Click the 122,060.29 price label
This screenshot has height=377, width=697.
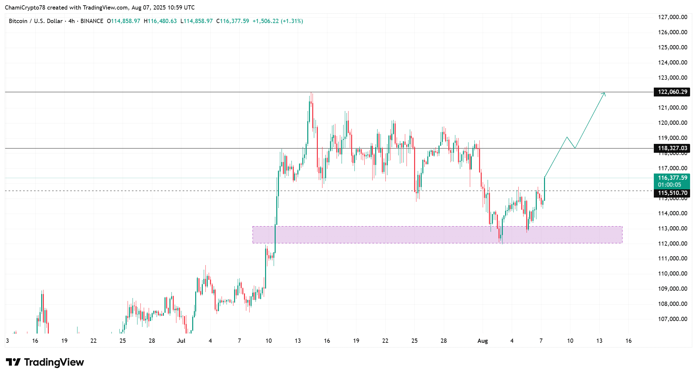pos(672,92)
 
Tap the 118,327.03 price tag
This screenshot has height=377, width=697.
pos(672,148)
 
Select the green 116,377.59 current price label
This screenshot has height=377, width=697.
pos(672,178)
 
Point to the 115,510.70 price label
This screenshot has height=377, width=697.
pos(672,193)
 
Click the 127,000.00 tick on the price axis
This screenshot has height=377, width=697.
pos(673,17)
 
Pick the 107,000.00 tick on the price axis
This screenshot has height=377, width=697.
pos(673,319)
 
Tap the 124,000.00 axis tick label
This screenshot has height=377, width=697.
pos(673,63)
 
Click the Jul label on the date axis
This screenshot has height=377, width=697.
pos(181,341)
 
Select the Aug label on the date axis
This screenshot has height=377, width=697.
pos(483,341)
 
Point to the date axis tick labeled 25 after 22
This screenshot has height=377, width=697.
pos(414,341)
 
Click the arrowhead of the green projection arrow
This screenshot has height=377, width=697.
pos(604,94)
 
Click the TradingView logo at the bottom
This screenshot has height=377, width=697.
pos(45,362)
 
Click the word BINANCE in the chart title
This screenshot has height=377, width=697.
pos(92,21)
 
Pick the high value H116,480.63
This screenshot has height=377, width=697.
pos(160,21)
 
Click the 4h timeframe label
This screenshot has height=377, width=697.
pos(72,21)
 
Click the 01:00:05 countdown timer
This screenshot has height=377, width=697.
pos(669,185)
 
